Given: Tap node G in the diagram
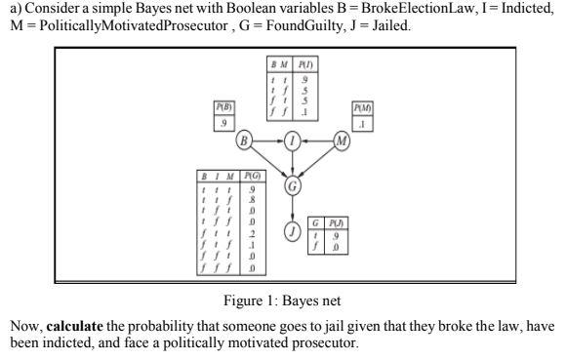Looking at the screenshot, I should tap(293, 185).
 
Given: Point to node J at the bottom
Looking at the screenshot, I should tap(293, 231).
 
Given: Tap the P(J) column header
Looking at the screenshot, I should tap(337, 222).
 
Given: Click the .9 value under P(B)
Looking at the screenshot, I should tap(225, 122).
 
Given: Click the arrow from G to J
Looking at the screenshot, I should tap(293, 209).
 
